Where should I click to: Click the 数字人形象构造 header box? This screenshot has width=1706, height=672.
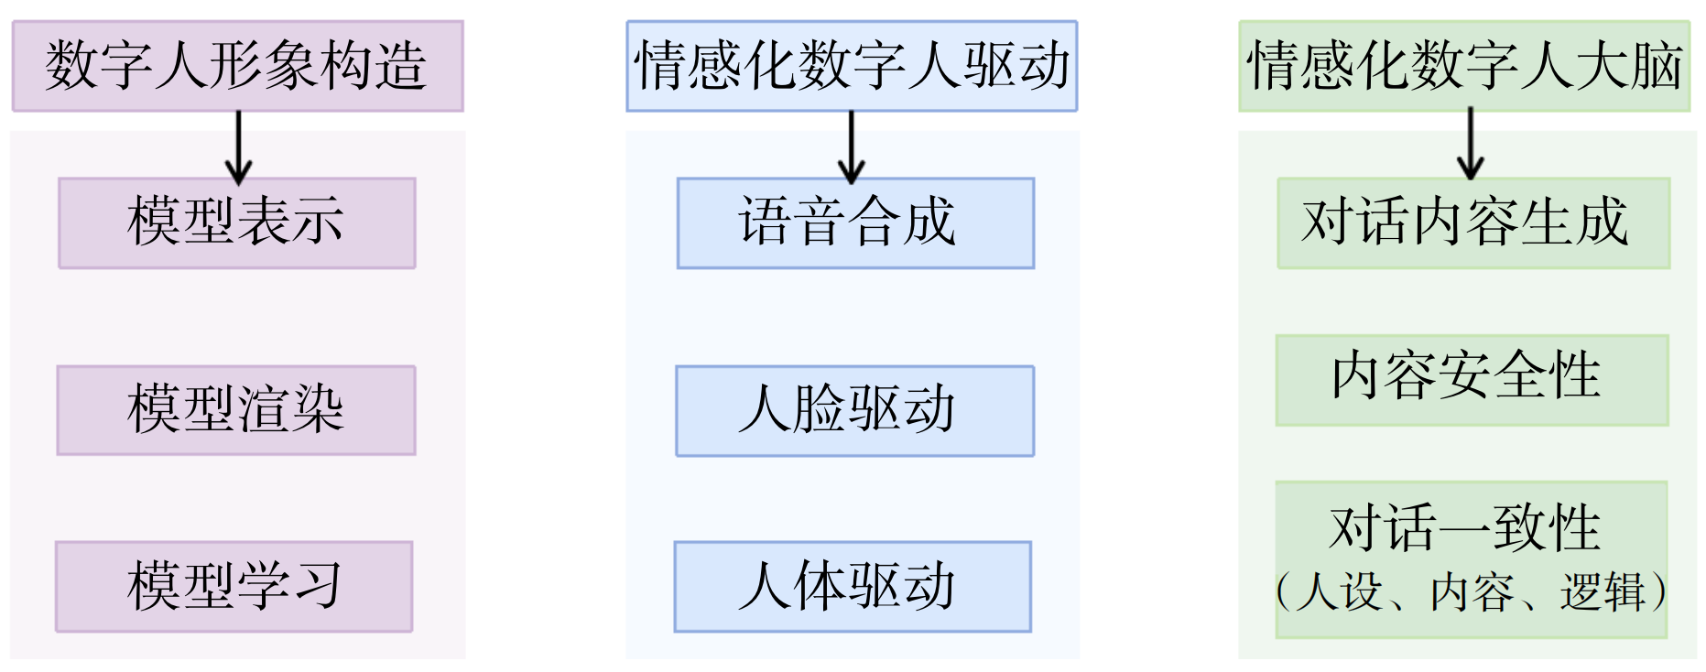click(237, 66)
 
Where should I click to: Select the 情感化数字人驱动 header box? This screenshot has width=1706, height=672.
click(852, 66)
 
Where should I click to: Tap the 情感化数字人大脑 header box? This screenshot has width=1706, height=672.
click(1464, 66)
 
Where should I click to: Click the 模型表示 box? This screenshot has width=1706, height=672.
click(237, 222)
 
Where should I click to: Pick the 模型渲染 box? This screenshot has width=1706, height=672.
click(236, 410)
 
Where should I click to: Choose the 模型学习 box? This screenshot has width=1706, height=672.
click(234, 586)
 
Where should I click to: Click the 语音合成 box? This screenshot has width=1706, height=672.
click(855, 222)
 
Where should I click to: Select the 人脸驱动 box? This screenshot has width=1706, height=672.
click(854, 410)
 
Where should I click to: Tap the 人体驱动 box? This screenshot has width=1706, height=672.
click(853, 586)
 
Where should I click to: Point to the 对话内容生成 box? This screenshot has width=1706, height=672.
click(1473, 222)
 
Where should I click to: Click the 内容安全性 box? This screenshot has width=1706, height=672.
click(1472, 379)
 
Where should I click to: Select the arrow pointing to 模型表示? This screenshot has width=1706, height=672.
click(238, 146)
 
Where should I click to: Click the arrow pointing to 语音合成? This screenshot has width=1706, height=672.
click(852, 146)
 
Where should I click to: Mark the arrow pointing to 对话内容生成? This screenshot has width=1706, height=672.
click(1471, 144)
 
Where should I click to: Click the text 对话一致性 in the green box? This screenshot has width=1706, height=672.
click(1465, 528)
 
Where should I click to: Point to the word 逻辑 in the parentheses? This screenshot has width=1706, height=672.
click(1603, 592)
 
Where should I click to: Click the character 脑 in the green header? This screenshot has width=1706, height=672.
click(1657, 66)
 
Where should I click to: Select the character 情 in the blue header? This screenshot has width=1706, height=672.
click(662, 66)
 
